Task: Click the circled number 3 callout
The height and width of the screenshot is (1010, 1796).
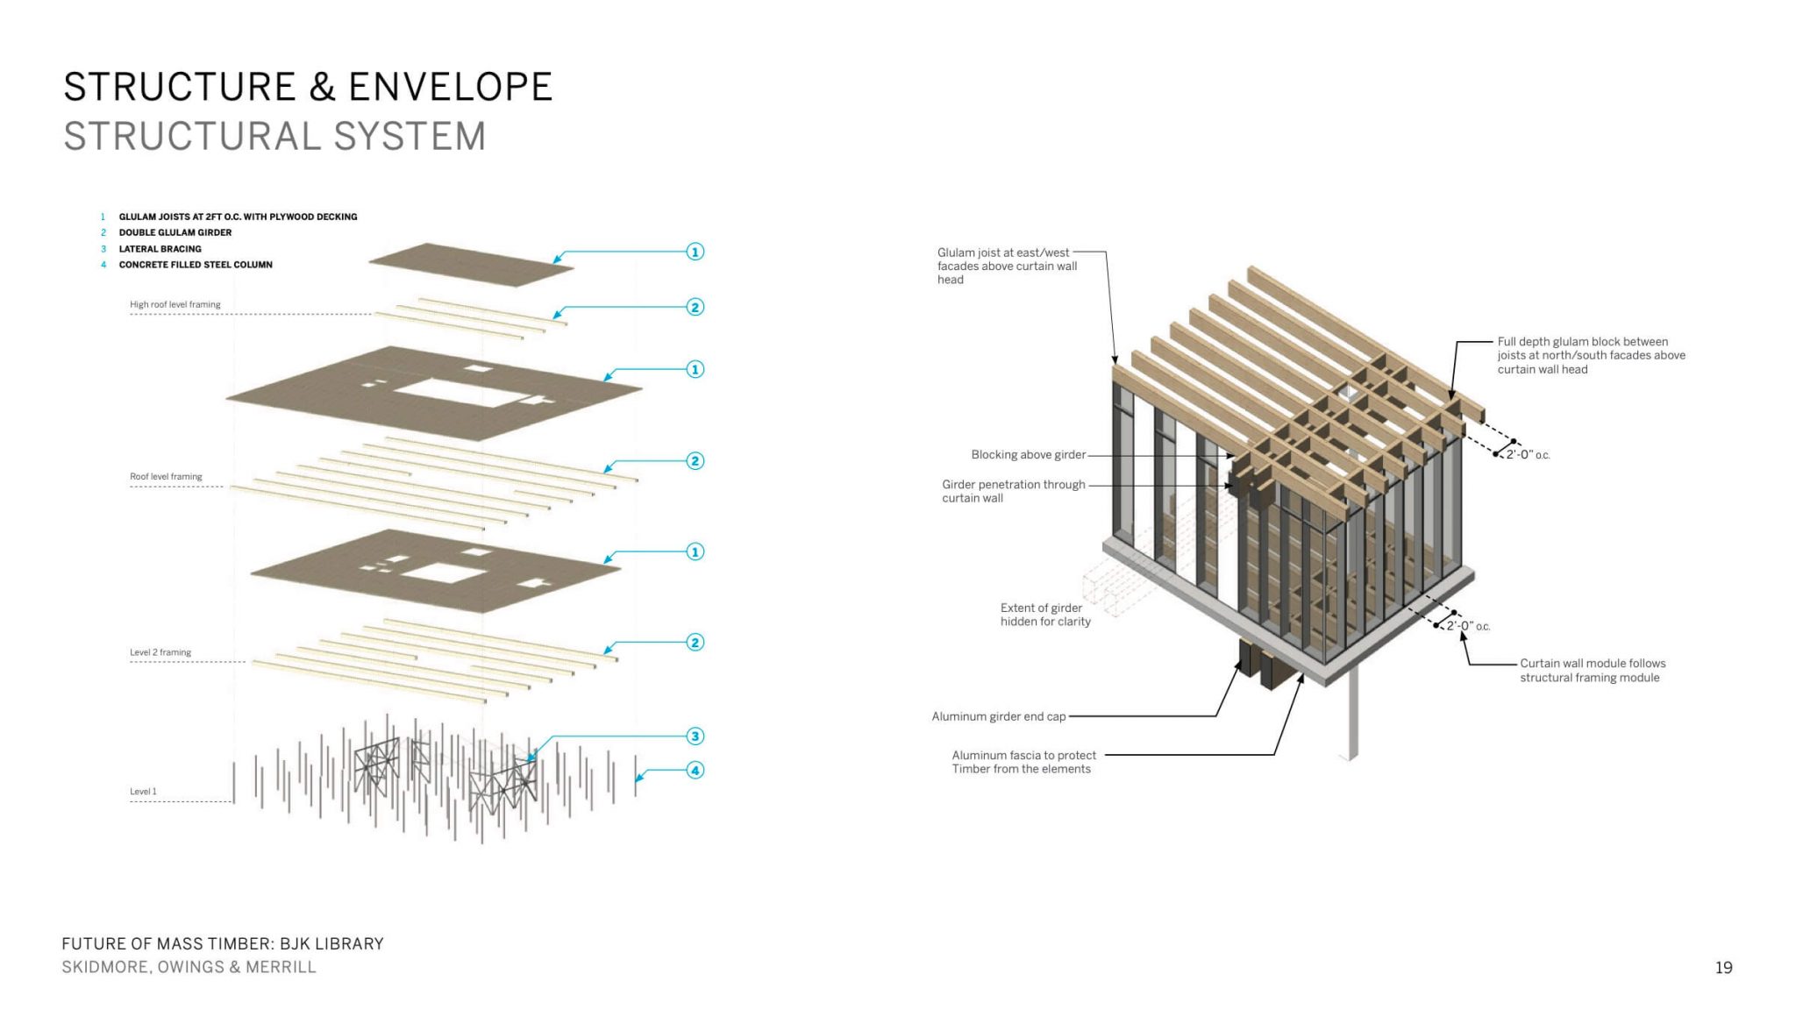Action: point(695,736)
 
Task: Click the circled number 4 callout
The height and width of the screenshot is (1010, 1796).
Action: point(695,771)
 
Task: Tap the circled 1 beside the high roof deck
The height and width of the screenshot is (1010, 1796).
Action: point(695,252)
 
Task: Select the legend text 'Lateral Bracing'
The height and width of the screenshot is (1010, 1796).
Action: point(160,249)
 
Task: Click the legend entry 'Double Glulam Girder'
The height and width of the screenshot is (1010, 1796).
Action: point(175,233)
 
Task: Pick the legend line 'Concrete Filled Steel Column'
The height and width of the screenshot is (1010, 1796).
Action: point(196,265)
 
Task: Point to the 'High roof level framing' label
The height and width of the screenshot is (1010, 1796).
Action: point(175,305)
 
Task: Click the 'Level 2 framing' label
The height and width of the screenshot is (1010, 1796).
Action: point(160,652)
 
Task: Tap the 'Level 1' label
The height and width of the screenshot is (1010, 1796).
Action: point(143,792)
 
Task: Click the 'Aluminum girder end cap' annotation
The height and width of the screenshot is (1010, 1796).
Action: point(999,717)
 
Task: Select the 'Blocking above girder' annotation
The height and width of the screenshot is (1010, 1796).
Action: point(1028,455)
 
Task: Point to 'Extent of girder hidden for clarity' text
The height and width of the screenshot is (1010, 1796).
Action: point(1045,615)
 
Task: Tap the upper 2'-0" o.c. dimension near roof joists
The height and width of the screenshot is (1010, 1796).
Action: point(1528,455)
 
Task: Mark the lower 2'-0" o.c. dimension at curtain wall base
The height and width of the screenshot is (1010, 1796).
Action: point(1468,626)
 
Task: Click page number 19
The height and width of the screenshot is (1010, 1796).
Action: point(1723,968)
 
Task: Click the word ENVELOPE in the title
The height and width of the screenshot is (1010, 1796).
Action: point(450,88)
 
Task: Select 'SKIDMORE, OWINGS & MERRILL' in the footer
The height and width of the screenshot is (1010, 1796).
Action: point(189,967)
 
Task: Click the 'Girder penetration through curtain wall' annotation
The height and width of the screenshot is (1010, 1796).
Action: point(1013,491)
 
